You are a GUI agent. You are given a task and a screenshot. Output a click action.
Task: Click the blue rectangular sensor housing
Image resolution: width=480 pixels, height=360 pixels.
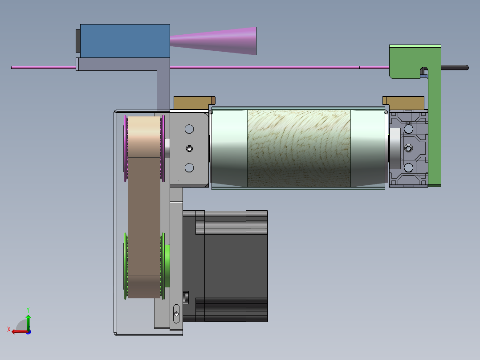pos(125,41)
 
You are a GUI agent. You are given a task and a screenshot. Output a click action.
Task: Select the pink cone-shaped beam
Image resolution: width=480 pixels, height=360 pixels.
pos(213,41)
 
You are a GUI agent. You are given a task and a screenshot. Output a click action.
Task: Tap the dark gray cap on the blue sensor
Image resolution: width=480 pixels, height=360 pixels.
pos(78,41)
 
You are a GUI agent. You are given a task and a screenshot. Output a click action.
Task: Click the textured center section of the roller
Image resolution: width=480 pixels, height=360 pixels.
pos(299,148)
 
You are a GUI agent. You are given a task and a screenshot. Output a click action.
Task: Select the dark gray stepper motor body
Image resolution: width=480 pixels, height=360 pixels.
pos(225,266)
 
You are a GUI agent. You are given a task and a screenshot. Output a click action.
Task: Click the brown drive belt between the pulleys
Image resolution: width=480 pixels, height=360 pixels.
pos(144,207)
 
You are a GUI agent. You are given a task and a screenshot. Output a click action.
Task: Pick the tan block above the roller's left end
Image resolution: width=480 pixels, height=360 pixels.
pos(195,102)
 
